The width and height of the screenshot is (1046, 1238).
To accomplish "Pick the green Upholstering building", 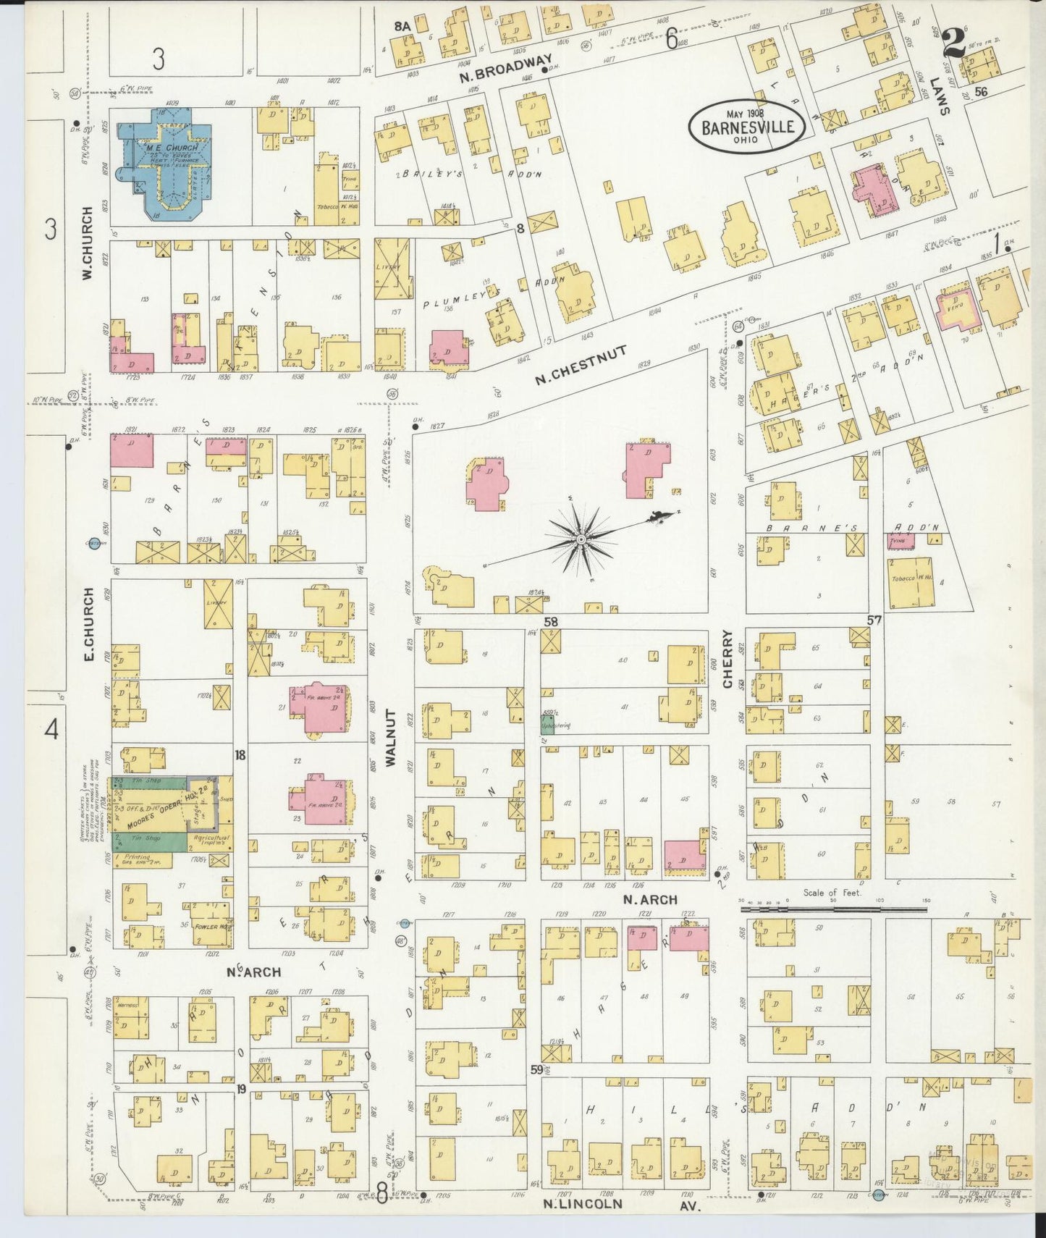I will click(547, 726).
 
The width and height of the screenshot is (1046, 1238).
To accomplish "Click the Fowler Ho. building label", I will click(206, 926).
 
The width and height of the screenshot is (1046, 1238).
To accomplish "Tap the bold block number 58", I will click(552, 621).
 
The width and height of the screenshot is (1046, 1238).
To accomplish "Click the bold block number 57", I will click(874, 620).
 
